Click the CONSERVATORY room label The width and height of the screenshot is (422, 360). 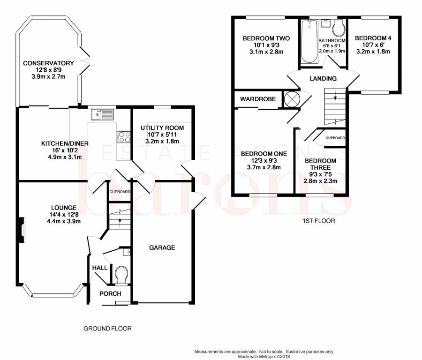(x=48, y=63)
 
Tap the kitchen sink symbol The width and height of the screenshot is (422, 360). (x=103, y=114)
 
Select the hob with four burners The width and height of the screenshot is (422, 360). (x=123, y=137)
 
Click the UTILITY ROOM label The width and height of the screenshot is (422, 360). (x=162, y=128)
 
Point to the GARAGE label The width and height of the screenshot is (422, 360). (x=162, y=247)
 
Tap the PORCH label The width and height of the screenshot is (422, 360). (x=110, y=293)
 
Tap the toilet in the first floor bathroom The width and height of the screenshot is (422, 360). (x=339, y=29)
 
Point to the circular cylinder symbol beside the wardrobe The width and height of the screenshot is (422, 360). (x=292, y=99)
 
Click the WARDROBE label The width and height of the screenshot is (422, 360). (x=258, y=99)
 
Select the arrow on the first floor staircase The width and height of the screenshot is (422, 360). (x=335, y=95)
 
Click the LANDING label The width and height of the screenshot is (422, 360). (x=323, y=79)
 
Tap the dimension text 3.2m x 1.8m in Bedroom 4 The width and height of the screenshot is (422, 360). (x=373, y=52)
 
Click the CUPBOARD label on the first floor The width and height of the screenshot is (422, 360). (x=335, y=138)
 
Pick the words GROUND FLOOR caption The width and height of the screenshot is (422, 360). (x=107, y=329)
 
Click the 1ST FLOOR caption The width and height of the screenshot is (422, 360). (x=319, y=221)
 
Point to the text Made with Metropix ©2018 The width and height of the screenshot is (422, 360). (x=264, y=357)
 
